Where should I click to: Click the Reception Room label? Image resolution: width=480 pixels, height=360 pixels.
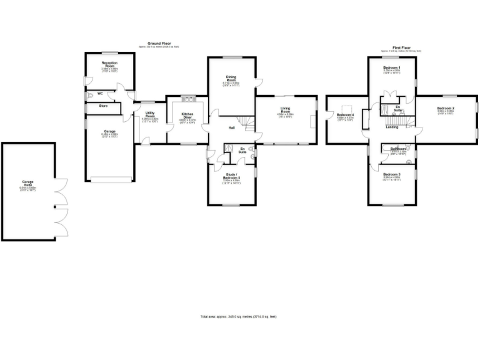[109, 64]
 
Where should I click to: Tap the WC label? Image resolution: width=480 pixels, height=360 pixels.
[100, 94]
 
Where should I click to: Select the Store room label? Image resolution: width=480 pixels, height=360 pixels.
[103, 106]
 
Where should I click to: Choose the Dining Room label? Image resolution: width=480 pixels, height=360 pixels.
[231, 79]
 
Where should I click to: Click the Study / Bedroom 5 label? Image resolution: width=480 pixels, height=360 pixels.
[232, 178]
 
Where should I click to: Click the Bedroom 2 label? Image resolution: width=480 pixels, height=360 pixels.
[446, 108]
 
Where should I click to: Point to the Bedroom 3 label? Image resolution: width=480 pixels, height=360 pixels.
[392, 174]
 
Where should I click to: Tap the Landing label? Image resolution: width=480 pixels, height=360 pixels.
[392, 127]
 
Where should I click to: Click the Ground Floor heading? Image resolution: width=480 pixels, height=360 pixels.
[150, 44]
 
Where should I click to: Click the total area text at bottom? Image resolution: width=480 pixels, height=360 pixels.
[238, 317]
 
